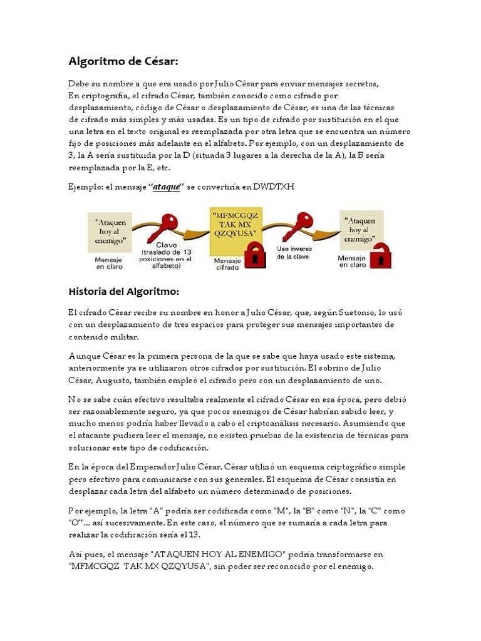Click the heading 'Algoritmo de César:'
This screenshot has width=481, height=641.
(x=123, y=61)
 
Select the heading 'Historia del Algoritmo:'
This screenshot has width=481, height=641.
(x=123, y=291)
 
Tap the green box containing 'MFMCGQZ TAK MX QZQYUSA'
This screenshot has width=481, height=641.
(x=235, y=224)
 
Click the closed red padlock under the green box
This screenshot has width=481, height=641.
(x=254, y=254)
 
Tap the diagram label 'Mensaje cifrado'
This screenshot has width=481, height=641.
(x=227, y=264)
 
